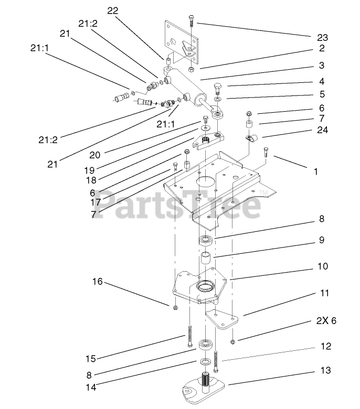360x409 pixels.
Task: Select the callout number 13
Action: (x=325, y=371)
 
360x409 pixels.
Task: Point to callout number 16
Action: (x=98, y=282)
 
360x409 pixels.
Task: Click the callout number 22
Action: (x=113, y=11)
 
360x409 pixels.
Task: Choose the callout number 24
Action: (x=322, y=130)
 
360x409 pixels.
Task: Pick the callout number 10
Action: (x=322, y=266)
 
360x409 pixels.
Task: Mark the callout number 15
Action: (x=91, y=359)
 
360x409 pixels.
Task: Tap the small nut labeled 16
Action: (x=174, y=306)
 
